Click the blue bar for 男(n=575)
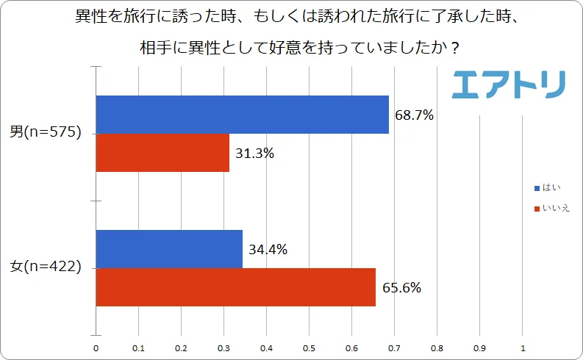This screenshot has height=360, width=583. point(243,115)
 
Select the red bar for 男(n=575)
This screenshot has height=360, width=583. point(163,153)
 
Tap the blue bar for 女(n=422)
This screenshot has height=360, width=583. point(170,249)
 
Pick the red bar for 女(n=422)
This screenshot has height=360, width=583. point(236,287)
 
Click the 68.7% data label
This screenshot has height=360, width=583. point(414,115)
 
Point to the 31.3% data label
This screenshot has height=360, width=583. point(255,154)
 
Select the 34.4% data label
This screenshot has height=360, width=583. point(268,250)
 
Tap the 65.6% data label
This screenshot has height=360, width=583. point(401,288)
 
